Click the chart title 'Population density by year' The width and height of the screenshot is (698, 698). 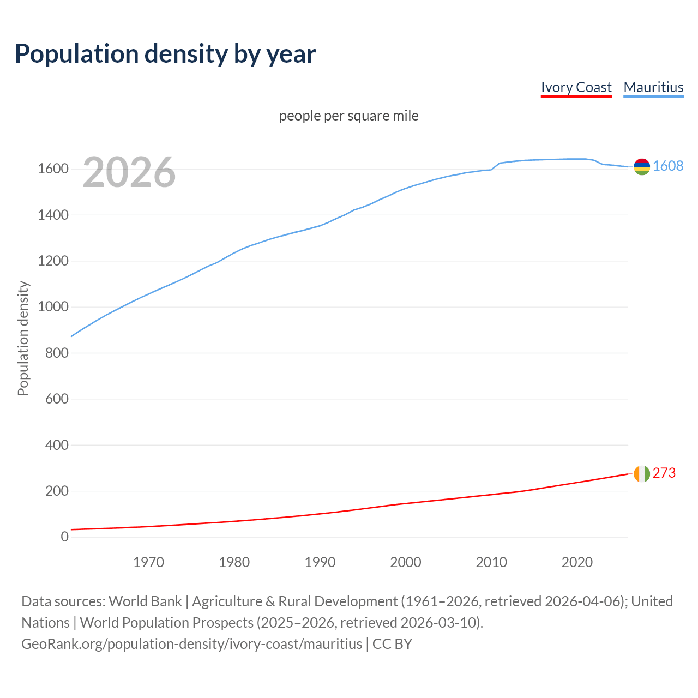(165, 54)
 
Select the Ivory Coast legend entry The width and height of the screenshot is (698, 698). (576, 87)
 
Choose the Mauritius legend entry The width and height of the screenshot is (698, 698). (653, 87)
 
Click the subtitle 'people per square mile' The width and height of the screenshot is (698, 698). (349, 116)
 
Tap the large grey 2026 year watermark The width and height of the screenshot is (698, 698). (129, 172)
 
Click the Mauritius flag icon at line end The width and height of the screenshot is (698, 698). (642, 167)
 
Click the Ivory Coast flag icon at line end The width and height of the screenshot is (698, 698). (642, 474)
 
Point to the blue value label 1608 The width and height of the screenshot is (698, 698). (668, 166)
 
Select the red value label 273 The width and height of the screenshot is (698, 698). (664, 473)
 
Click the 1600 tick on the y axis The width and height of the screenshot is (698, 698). (53, 169)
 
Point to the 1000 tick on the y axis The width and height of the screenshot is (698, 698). (53, 307)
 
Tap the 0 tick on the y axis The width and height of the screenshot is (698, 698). (65, 537)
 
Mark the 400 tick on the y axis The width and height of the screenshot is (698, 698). (57, 445)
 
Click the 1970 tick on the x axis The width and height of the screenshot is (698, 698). (148, 562)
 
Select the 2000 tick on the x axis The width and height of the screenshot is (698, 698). (406, 562)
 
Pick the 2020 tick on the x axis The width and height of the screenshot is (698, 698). (577, 562)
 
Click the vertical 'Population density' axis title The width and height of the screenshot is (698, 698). (23, 338)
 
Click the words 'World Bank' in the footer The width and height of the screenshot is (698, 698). (145, 601)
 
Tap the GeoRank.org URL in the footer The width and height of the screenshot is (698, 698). (191, 644)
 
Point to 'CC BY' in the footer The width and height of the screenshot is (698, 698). (392, 644)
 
